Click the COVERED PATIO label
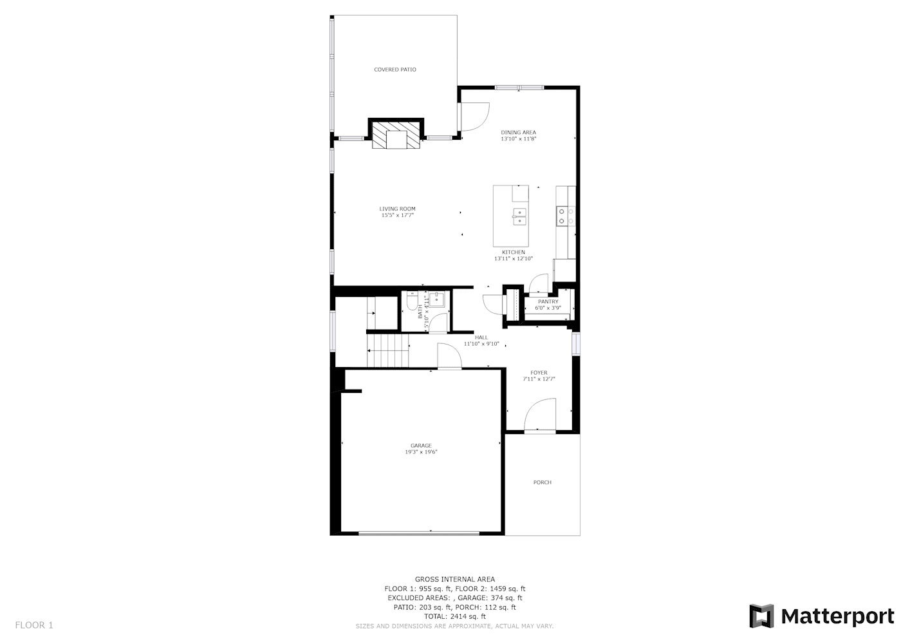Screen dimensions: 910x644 click(x=395, y=70)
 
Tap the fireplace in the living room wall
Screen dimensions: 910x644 click(x=396, y=134)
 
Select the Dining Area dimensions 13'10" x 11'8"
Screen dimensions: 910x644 click(x=518, y=138)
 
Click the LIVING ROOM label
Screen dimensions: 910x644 click(x=397, y=209)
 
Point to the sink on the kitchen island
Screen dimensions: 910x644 click(x=519, y=216)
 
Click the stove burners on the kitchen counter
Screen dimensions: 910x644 click(x=566, y=216)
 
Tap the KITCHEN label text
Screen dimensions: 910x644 click(x=514, y=252)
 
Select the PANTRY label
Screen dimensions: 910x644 click(x=548, y=301)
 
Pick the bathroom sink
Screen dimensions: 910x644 click(x=437, y=300)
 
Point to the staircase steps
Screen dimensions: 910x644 click(x=388, y=350)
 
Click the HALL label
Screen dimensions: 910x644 click(x=481, y=337)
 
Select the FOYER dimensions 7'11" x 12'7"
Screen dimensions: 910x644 click(x=539, y=379)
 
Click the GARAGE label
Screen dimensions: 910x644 click(x=421, y=446)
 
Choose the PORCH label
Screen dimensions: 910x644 click(x=543, y=482)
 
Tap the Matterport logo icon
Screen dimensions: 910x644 click(x=761, y=616)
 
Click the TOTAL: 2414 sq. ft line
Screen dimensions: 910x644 click(x=455, y=616)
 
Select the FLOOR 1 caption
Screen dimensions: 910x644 click(x=34, y=625)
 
